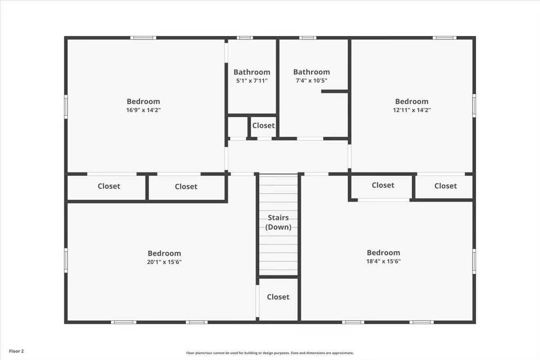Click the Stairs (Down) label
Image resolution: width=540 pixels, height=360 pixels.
pyautogui.click(x=278, y=222)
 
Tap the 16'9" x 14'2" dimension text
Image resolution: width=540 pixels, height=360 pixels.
pyautogui.click(x=143, y=110)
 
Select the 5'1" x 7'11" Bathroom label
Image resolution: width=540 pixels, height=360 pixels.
pyautogui.click(x=252, y=72)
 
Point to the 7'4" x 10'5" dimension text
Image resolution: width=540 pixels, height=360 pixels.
pyautogui.click(x=311, y=81)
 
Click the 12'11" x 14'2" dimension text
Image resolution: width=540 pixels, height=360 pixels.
pyautogui.click(x=412, y=110)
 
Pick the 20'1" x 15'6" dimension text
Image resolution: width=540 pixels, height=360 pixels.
pyautogui.click(x=164, y=262)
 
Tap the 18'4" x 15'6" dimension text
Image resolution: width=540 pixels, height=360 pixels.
pyautogui.click(x=383, y=261)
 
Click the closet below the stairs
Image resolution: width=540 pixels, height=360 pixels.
pyautogui.click(x=278, y=297)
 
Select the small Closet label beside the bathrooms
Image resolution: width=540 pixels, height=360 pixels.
pyautogui.click(x=263, y=126)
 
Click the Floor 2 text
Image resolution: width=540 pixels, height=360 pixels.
pyautogui.click(x=16, y=351)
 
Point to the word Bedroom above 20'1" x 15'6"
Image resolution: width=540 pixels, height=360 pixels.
pyautogui.click(x=164, y=253)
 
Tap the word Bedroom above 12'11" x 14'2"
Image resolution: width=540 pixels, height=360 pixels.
pyautogui.click(x=412, y=102)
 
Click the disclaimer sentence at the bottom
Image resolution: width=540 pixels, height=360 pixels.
pyautogui.click(x=270, y=353)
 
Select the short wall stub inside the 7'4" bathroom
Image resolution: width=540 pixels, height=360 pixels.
pyautogui.click(x=335, y=91)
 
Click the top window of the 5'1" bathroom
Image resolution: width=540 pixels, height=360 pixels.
pyautogui.click(x=245, y=38)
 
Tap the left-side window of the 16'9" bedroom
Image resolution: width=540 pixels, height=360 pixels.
pyautogui.click(x=66, y=107)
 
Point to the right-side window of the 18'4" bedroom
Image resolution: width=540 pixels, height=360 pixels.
pyautogui.click(x=474, y=261)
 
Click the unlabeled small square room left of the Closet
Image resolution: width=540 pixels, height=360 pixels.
pyautogui.click(x=237, y=127)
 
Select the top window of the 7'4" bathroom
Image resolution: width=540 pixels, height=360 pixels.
pyautogui.click(x=307, y=38)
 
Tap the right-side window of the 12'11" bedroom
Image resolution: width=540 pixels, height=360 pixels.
pyautogui.click(x=474, y=106)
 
